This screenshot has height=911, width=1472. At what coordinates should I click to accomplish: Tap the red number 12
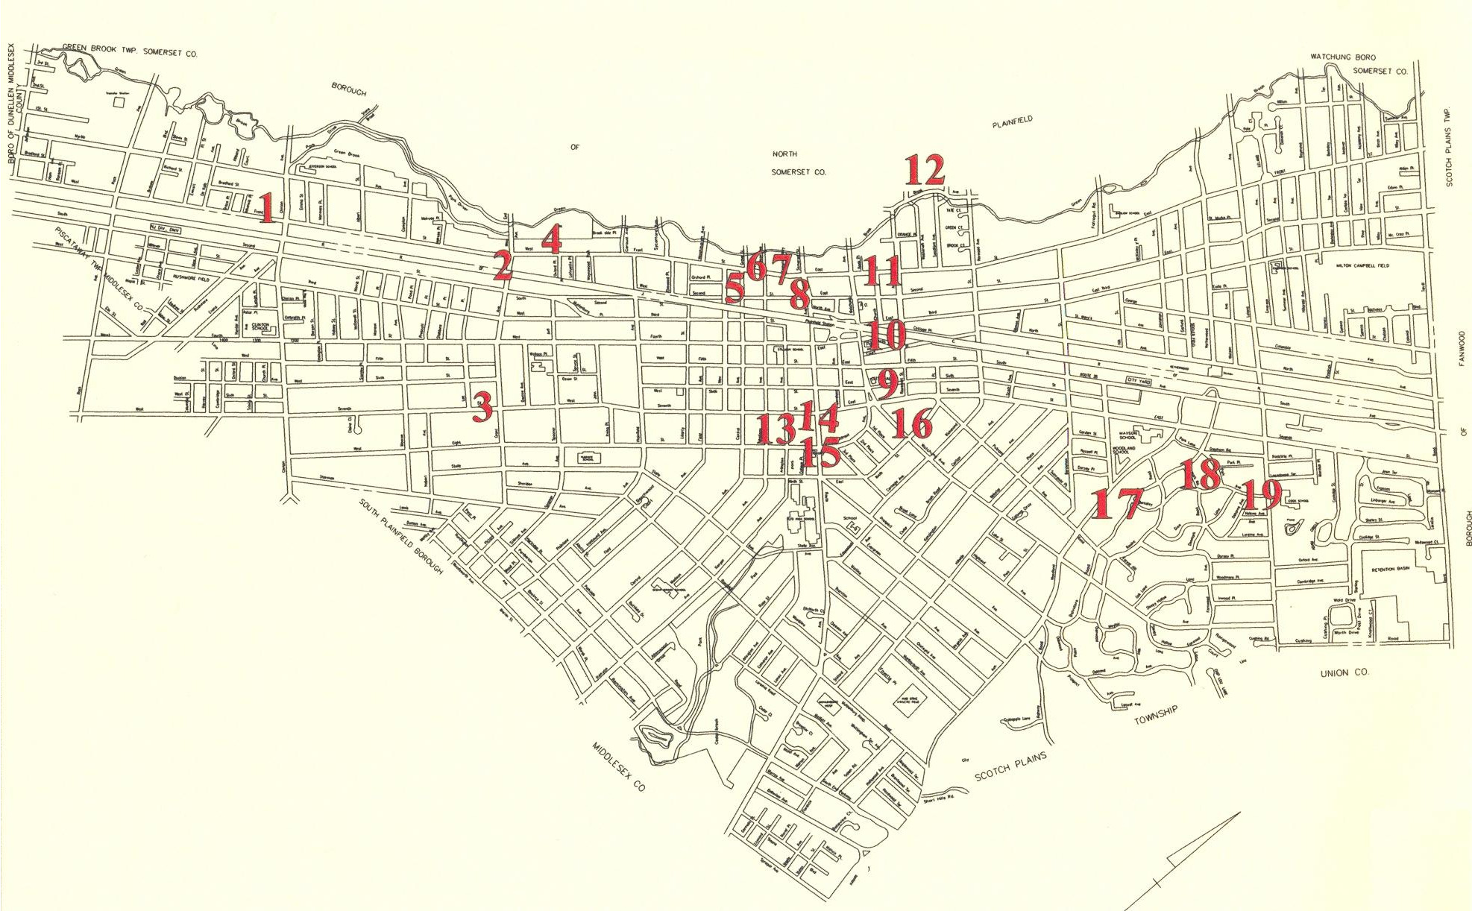coord(925,170)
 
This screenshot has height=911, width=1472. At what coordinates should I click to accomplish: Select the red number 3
coord(483,407)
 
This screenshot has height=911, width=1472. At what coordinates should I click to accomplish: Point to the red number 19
coord(1261,494)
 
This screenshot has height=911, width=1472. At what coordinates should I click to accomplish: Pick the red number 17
coord(1116,503)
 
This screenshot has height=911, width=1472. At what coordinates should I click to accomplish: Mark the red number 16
coord(911,423)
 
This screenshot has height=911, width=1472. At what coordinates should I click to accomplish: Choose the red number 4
coord(551,240)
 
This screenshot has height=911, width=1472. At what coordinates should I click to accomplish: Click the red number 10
coord(887,335)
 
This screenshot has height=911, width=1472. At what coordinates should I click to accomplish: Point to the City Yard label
coord(1141,379)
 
